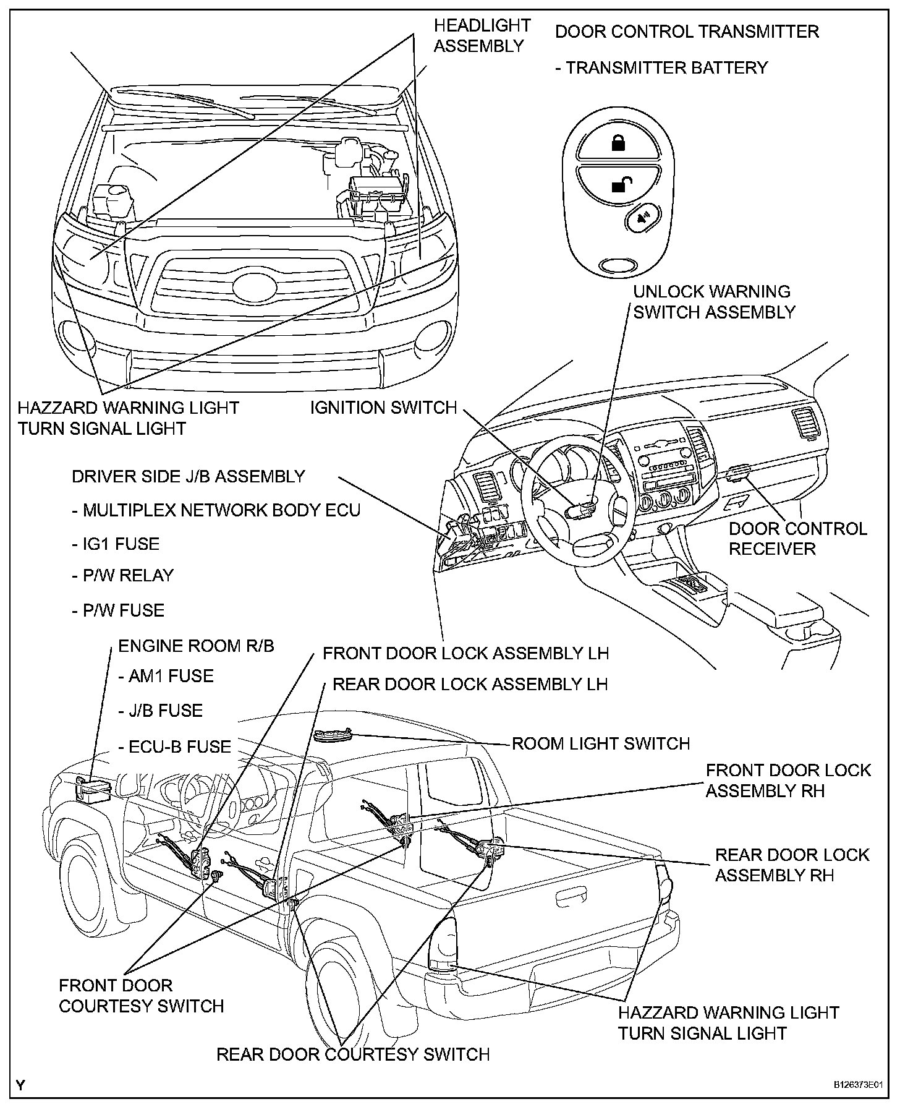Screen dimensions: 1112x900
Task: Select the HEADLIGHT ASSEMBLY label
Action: coord(482,35)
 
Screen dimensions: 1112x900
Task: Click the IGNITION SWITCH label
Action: coord(383,408)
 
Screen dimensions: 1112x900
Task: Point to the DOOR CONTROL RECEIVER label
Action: coord(797,539)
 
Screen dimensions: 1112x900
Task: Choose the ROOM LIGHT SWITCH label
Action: coord(601,743)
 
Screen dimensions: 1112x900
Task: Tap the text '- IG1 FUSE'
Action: coord(116,544)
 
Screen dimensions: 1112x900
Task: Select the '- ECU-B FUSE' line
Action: coord(175,746)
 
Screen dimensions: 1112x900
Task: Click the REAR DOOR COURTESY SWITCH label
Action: coord(353,1054)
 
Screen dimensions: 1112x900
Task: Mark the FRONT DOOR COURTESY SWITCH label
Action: coord(141,996)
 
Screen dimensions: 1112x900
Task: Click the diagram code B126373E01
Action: coord(856,1085)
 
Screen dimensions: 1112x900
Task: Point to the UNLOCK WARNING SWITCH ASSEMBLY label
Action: coord(714,302)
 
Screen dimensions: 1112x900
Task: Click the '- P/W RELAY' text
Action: coord(122,575)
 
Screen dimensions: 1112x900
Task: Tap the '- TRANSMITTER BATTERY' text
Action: coord(661,67)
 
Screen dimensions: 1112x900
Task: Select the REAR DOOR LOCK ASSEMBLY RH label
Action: coord(792,865)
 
